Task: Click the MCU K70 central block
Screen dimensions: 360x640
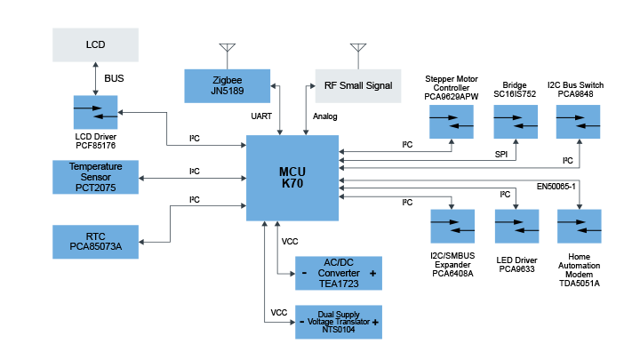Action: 292,178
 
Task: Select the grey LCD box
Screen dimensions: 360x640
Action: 95,44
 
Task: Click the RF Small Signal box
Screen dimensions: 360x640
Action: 357,84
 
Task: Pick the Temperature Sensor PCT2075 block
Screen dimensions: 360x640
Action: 95,176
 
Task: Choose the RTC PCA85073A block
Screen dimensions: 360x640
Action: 95,241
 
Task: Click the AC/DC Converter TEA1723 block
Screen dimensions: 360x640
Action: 338,273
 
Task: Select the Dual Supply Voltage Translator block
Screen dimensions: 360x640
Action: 338,322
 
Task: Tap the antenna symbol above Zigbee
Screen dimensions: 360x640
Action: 227,49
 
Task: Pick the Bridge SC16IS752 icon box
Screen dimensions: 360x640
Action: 515,120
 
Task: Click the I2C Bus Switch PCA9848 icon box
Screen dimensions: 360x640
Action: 580,120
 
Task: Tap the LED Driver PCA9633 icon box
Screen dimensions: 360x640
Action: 515,228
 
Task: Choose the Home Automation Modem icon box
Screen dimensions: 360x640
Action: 580,228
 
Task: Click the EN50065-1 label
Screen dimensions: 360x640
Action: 557,187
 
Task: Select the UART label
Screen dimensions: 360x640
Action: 262,116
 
